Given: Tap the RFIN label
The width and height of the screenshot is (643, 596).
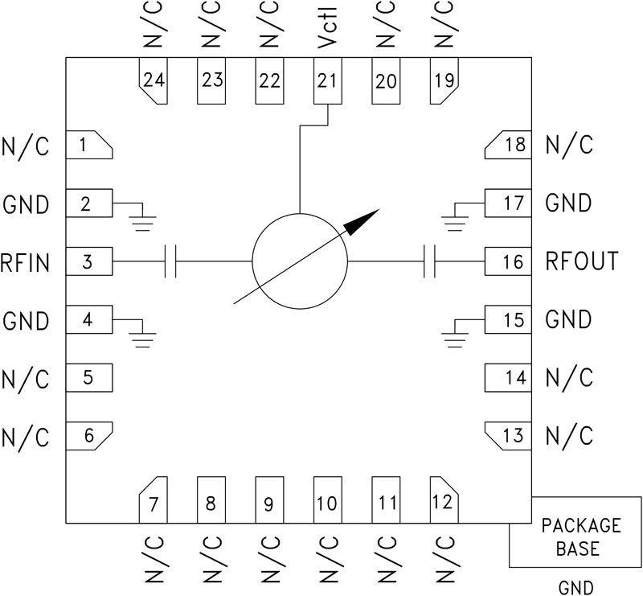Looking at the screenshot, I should pos(27,261).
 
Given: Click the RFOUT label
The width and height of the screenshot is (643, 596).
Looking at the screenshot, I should pos(581,261).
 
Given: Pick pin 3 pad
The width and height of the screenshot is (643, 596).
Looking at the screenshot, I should pos(88,261).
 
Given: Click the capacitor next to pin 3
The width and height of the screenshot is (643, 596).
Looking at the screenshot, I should pos(170,261).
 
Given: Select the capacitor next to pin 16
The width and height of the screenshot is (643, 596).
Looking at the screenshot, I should pos(428,261).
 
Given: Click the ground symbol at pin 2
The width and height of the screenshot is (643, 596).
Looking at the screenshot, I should pos(142,220).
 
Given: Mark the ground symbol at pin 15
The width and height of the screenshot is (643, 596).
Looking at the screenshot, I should pos(455,336).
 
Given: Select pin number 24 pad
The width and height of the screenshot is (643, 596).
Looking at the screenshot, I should pos(154,80).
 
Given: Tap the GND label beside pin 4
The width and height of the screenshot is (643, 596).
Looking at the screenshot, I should pos(27,320).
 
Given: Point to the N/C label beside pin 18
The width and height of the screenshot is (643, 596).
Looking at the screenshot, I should pos(569,146).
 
